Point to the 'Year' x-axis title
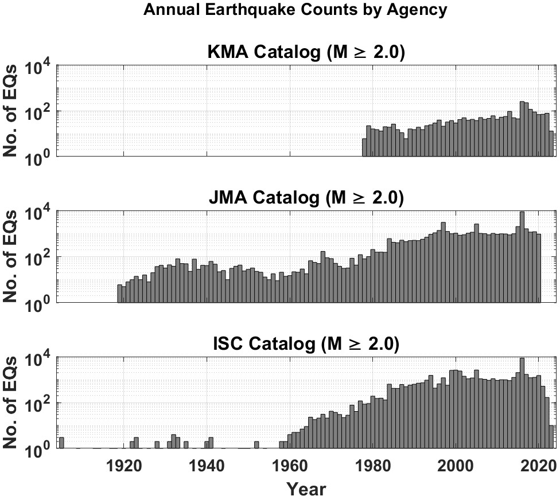coord(306,489)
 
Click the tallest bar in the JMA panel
coord(522,257)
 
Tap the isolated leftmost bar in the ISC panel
coord(61,443)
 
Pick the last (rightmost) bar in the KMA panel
coord(551,143)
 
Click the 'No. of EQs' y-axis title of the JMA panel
coord(13,256)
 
